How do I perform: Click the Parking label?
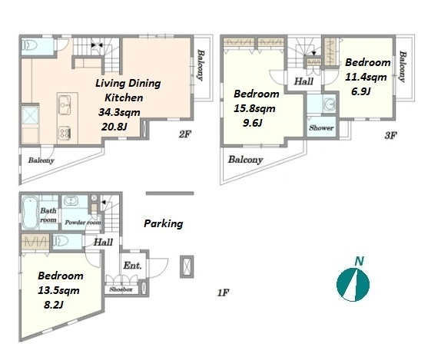point(164,224)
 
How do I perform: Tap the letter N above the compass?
point(359,261)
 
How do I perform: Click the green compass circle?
point(353,285)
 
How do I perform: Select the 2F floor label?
point(184,134)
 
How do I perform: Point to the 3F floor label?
point(390,136)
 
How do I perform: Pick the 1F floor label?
point(223,292)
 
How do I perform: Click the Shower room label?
point(321,128)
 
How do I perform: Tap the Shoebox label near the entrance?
point(121,289)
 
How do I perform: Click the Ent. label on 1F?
point(132,265)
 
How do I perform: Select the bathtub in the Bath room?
point(30,213)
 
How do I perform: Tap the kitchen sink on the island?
point(65,105)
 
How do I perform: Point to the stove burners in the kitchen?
point(65,132)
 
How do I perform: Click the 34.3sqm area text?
point(119,112)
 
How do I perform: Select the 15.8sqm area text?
point(254,108)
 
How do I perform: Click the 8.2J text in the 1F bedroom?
point(54,305)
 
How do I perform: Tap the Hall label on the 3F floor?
point(303,81)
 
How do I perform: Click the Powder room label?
point(83,223)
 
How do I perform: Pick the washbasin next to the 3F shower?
point(329,104)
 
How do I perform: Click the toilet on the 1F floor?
point(61,241)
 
